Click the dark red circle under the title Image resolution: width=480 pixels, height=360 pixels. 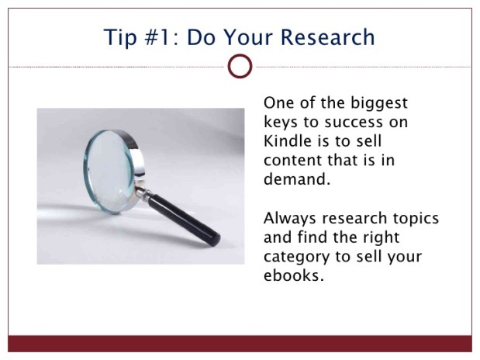coord(240,67)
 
